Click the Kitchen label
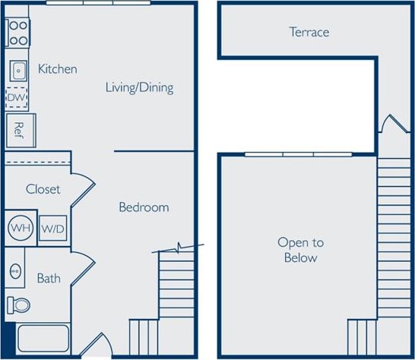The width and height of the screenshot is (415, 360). [58, 69]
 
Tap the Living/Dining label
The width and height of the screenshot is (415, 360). [139, 87]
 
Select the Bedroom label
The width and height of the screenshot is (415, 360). [144, 207]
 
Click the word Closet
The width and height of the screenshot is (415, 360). [43, 188]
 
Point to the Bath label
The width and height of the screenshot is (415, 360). [49, 278]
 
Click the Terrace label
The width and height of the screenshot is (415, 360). [309, 32]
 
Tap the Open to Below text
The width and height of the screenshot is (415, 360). [300, 250]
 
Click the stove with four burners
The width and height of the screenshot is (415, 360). [17, 33]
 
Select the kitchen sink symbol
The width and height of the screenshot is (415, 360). [18, 71]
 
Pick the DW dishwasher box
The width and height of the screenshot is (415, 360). [17, 98]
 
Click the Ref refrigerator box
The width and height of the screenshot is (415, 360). [17, 130]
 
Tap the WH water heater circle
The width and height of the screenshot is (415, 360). [20, 227]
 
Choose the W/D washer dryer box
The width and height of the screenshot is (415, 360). [52, 228]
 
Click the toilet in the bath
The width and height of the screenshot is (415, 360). [18, 305]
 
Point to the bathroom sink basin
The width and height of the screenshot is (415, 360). [15, 270]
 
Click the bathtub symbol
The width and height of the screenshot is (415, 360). [43, 339]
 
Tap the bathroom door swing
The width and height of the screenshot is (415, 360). [82, 269]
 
